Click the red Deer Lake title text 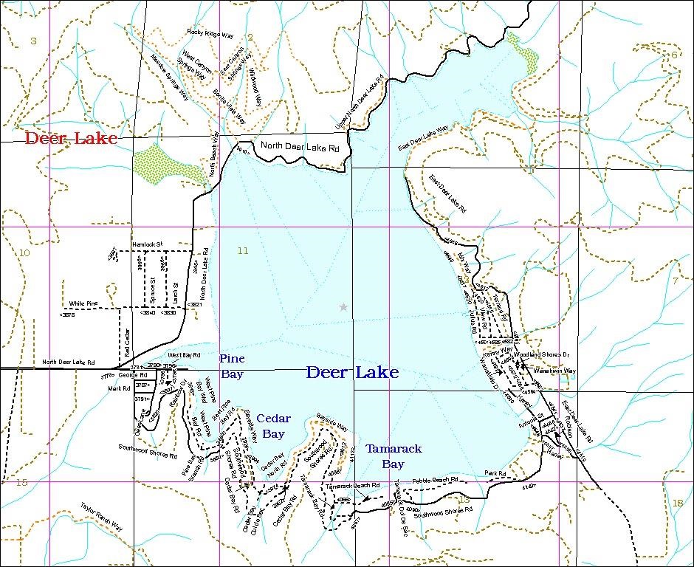(x=71, y=138)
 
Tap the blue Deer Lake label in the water (x=352, y=372)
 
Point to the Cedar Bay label (x=273, y=427)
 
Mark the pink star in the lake (x=343, y=306)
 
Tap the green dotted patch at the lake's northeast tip (x=522, y=53)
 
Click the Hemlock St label (x=147, y=244)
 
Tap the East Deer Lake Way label (x=423, y=138)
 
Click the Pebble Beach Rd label (x=435, y=480)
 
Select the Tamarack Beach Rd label (x=351, y=486)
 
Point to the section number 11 (x=243, y=251)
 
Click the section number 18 (x=678, y=503)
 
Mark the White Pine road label (x=83, y=303)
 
